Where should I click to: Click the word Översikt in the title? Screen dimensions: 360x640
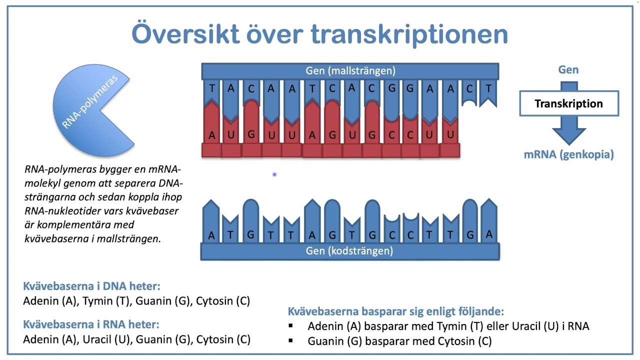184,33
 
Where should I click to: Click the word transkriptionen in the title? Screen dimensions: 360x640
409,34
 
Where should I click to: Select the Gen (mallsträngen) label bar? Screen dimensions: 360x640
350,71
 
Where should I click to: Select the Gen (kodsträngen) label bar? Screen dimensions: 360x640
349,251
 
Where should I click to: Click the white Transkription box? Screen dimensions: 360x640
568,104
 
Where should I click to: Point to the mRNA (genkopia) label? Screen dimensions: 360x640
568,154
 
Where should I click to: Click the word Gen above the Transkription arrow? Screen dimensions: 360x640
568,70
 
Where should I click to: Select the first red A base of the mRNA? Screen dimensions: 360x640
212,135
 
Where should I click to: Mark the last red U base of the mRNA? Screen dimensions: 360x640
450,135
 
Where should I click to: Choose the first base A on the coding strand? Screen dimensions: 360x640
211,235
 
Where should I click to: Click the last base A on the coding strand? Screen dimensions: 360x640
488,234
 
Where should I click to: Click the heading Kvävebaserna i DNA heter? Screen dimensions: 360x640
91,286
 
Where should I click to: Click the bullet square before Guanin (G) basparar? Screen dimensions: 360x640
291,341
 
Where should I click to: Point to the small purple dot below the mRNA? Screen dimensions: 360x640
274,174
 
